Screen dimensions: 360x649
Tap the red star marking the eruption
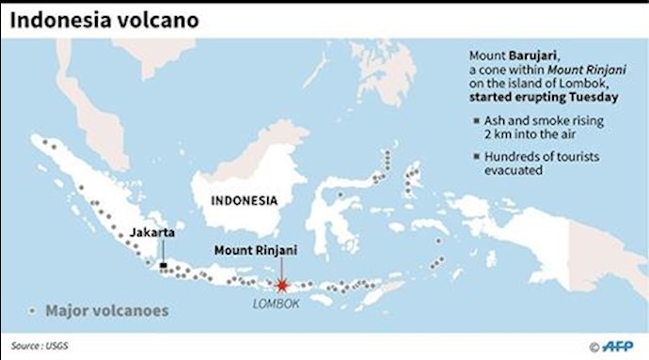click(x=280, y=285)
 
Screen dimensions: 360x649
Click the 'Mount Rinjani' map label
click(x=254, y=250)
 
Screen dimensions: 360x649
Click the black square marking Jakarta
click(x=164, y=266)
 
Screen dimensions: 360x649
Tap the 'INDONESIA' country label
click(x=244, y=200)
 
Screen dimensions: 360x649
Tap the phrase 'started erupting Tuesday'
click(x=536, y=97)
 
